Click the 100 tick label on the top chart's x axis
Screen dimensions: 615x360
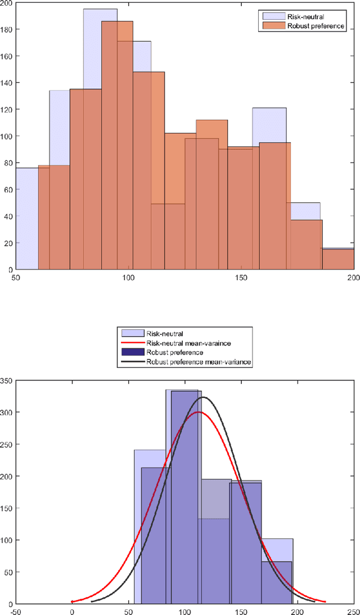point(128,278)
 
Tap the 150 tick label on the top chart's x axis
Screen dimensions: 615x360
point(241,278)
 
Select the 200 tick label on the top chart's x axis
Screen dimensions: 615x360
point(353,278)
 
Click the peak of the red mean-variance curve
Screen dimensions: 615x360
point(197,412)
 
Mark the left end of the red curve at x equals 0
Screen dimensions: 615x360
point(72,601)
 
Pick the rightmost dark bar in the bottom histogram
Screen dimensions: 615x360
point(277,582)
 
